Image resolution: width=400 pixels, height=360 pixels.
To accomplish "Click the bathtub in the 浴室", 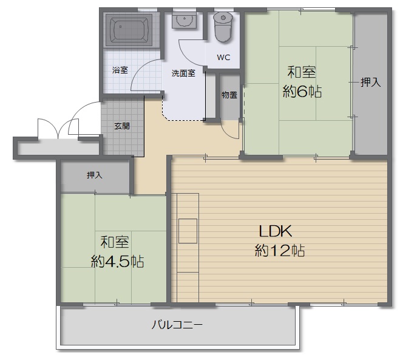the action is tap(129, 30).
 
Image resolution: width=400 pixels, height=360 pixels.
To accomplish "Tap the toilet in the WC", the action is tap(223, 27).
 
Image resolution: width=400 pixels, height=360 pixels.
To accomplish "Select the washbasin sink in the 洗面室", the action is tap(184, 21).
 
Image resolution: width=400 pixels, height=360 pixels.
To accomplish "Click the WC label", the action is tap(223, 58).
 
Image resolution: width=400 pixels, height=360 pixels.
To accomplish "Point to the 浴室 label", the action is tap(120, 70).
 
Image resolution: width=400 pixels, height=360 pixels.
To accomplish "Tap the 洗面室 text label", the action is tap(183, 73).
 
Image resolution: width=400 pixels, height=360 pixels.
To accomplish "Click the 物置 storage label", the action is tap(229, 95).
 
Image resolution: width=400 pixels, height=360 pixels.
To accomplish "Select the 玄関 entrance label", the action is tap(122, 126).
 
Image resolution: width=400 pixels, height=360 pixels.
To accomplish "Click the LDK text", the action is tap(276, 231).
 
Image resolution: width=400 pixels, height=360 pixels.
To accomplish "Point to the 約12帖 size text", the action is tap(280, 250).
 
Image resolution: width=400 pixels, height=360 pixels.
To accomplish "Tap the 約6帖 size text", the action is tap(302, 91).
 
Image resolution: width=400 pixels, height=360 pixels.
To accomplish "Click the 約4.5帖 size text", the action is tap(117, 261).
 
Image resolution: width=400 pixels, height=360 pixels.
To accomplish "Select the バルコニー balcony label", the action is tap(177, 325).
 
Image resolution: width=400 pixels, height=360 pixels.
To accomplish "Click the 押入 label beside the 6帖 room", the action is tap(371, 83).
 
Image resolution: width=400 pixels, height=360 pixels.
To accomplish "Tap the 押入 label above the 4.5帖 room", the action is tap(95, 175).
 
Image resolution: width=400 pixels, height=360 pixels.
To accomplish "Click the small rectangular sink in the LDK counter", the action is tap(188, 231).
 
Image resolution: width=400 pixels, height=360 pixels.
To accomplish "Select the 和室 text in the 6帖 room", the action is tap(302, 72).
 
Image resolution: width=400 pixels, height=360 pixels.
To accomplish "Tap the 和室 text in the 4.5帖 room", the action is tap(115, 242).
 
